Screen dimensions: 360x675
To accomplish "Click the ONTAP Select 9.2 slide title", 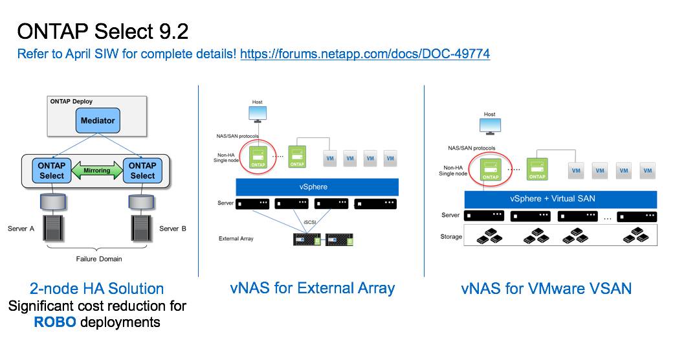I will (x=102, y=31).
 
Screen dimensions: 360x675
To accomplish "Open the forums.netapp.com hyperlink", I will (x=364, y=54).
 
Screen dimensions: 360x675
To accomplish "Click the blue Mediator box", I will (x=98, y=120).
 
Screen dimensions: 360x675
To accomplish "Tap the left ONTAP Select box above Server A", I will (x=52, y=171).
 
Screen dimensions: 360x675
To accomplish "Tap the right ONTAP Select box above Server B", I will (x=142, y=171).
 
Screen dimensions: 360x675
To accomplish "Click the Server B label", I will (x=172, y=229).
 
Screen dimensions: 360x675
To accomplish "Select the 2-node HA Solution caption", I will (x=97, y=289).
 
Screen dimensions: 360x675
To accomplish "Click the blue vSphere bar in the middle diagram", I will (x=316, y=186).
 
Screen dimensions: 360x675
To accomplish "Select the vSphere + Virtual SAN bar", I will (x=560, y=199).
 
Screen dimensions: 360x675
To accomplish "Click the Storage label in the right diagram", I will (x=451, y=236).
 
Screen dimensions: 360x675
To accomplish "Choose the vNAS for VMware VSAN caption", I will (x=546, y=289).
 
